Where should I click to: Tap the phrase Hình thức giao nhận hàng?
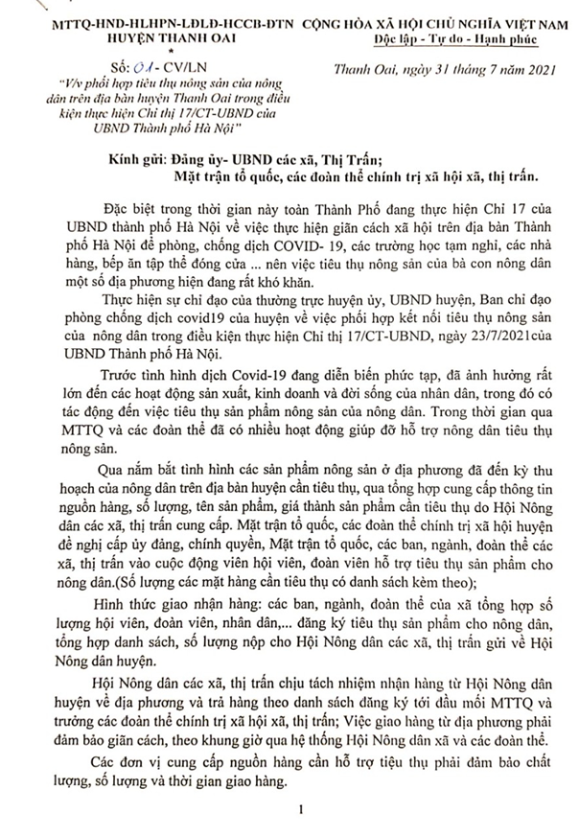click(x=178, y=601)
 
